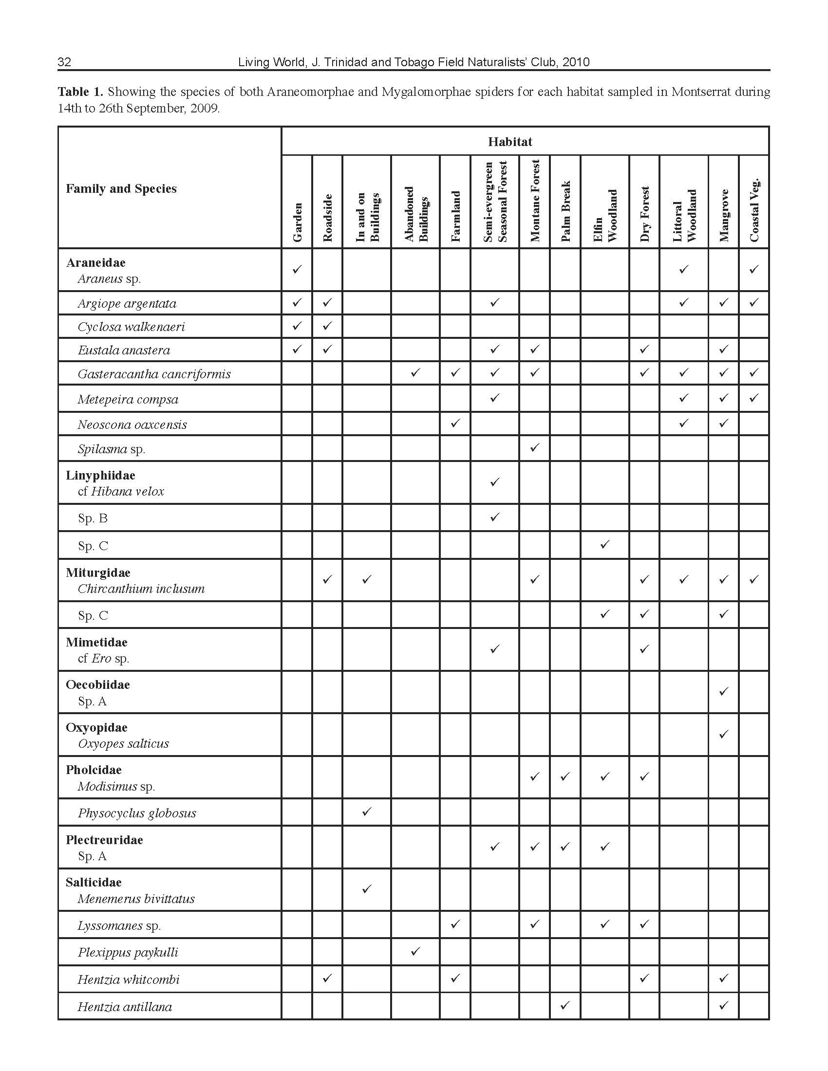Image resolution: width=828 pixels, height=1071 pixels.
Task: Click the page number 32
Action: (x=64, y=62)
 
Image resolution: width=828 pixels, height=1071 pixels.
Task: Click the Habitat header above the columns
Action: (x=509, y=142)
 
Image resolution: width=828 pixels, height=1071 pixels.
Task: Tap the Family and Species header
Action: (x=121, y=189)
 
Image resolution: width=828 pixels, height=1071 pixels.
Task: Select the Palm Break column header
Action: (x=565, y=211)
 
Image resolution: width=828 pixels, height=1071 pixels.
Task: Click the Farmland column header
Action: (x=456, y=216)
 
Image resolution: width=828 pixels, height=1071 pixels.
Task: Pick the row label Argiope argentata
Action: (x=127, y=304)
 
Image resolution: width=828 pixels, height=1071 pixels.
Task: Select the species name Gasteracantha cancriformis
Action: (x=154, y=374)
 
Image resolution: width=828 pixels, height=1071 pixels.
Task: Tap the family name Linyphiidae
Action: (x=100, y=475)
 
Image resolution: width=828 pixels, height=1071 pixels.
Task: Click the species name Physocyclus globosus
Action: (x=137, y=813)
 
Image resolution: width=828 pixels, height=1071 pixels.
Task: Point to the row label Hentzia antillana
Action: (x=125, y=1007)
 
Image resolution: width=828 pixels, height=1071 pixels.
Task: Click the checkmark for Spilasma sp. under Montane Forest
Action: (x=535, y=447)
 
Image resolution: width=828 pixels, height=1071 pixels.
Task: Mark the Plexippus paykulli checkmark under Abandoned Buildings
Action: (x=415, y=951)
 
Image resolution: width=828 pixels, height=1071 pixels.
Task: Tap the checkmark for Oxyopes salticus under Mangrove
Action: (x=723, y=734)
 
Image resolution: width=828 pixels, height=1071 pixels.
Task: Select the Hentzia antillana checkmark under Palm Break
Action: (x=565, y=1005)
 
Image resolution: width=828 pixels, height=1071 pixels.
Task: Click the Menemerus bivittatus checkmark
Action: (x=366, y=888)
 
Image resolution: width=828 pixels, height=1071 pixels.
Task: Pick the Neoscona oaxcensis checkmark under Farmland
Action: (x=456, y=423)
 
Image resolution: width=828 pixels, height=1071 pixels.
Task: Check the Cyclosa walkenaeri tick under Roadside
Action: (x=328, y=326)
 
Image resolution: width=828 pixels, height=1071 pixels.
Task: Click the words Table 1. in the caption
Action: (x=80, y=92)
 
